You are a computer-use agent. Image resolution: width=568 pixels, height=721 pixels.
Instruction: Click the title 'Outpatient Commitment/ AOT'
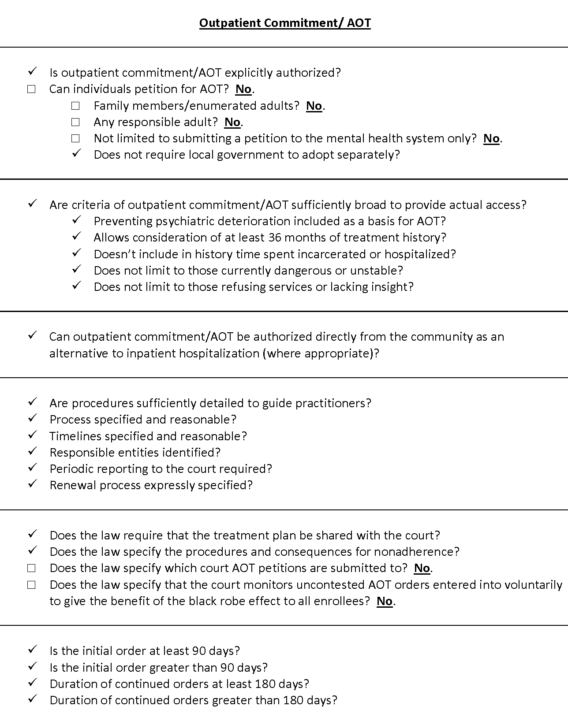tap(285, 23)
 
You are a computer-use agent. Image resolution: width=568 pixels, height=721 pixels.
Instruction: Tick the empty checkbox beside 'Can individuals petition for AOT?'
tap(31, 89)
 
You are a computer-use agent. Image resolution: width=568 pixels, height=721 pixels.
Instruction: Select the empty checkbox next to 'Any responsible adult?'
tap(75, 122)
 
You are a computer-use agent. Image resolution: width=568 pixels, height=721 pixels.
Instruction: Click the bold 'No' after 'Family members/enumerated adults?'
tap(314, 106)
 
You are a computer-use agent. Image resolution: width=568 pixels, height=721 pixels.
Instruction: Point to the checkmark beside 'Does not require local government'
tap(76, 153)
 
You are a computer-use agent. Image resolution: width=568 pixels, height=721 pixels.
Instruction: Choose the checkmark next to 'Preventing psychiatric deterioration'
tap(76, 219)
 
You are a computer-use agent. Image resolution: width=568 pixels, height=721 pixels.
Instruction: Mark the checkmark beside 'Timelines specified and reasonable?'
tap(32, 435)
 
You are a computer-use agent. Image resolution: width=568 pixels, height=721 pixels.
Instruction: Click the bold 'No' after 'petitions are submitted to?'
tap(422, 569)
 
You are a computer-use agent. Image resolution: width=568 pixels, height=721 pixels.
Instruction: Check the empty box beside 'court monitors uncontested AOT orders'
tap(31, 585)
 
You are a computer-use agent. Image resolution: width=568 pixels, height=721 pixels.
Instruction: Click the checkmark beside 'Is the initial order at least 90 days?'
tap(32, 650)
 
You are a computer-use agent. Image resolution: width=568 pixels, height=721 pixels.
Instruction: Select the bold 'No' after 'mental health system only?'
tap(491, 139)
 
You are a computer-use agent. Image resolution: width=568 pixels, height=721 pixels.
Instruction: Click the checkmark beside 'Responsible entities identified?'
tap(32, 451)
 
